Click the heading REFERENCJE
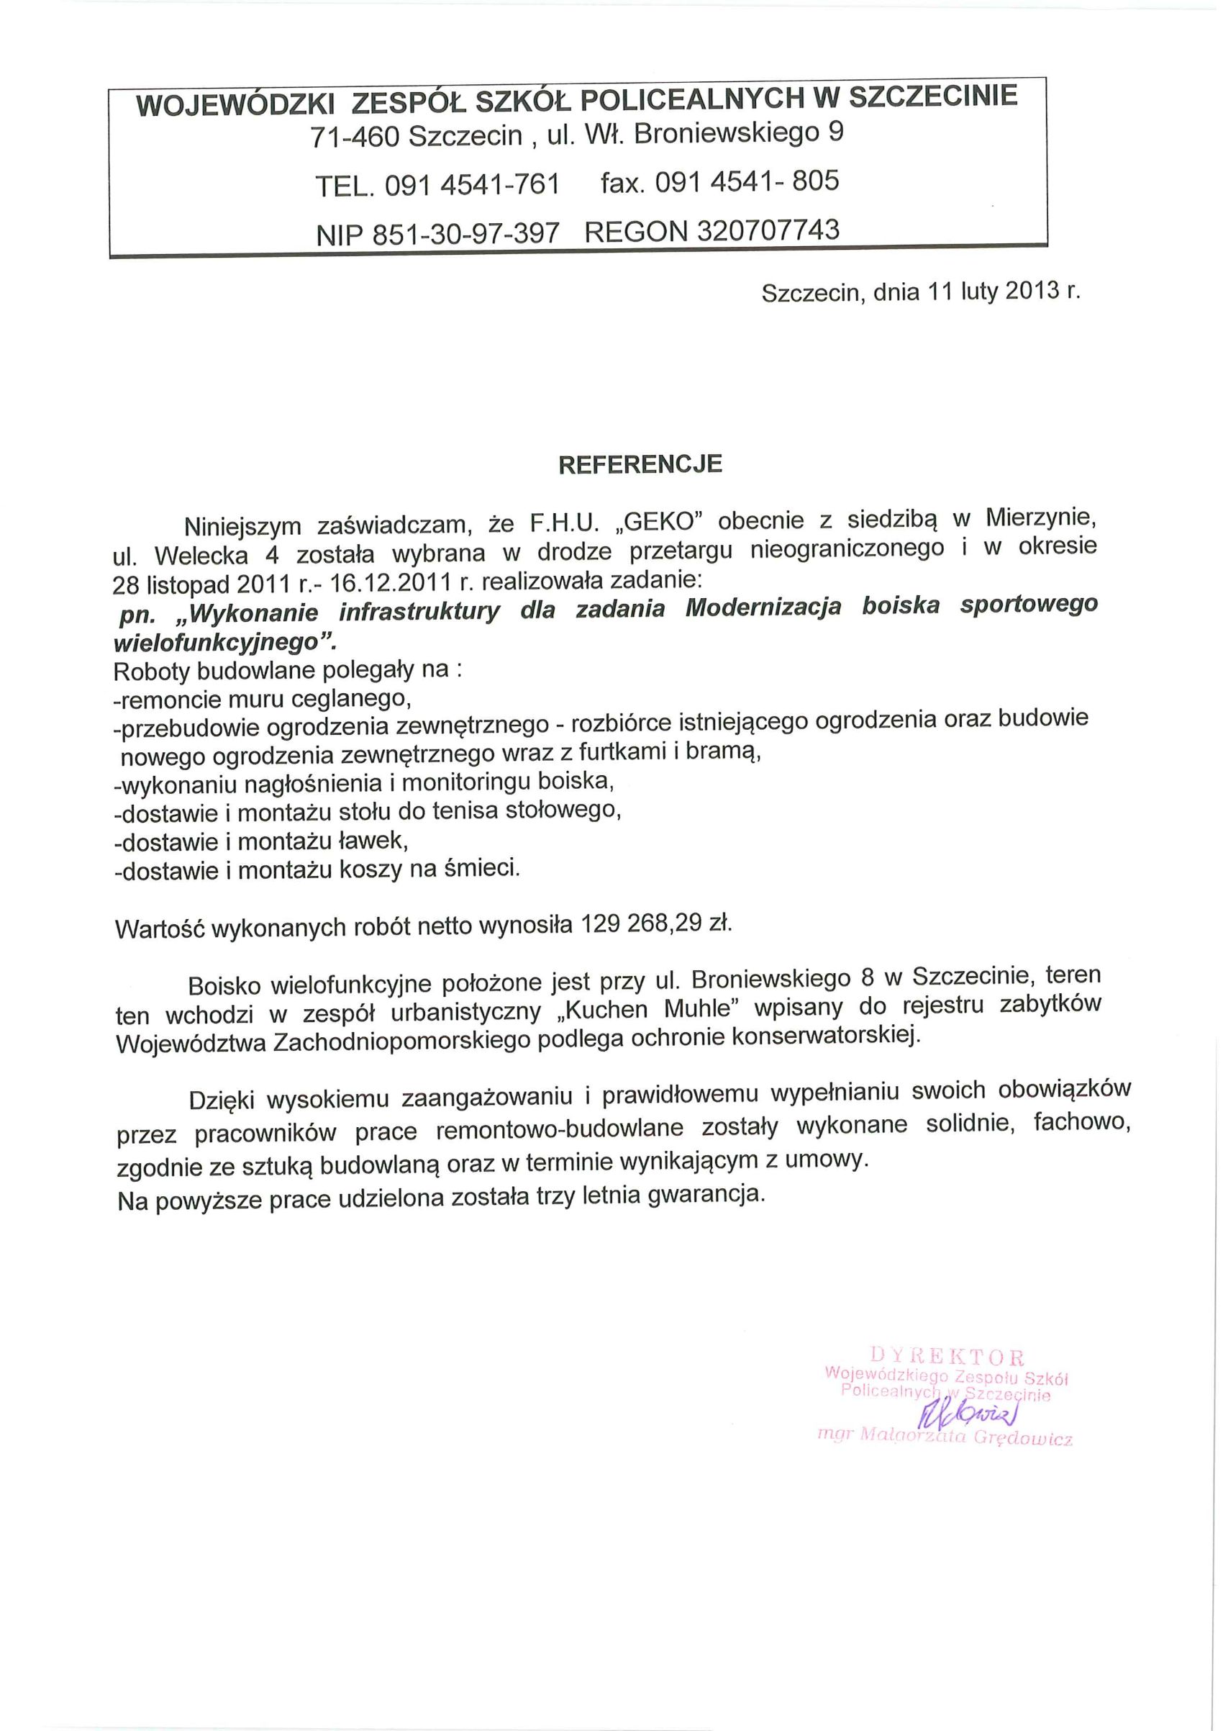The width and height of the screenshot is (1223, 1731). pos(640,464)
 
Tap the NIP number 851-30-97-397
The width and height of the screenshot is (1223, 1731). pos(467,233)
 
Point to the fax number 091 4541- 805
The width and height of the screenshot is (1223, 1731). pos(746,181)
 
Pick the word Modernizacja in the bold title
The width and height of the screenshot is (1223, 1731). pos(763,607)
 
